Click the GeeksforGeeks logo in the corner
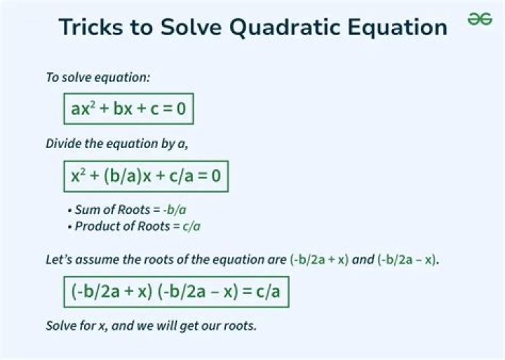coord(480,20)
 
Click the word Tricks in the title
coord(90,27)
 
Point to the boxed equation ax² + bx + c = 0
coord(129,109)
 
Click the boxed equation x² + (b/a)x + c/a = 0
coord(146,175)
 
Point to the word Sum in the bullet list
coord(86,210)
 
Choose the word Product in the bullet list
coord(96,226)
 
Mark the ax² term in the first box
coord(83,109)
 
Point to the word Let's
coord(59,259)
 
